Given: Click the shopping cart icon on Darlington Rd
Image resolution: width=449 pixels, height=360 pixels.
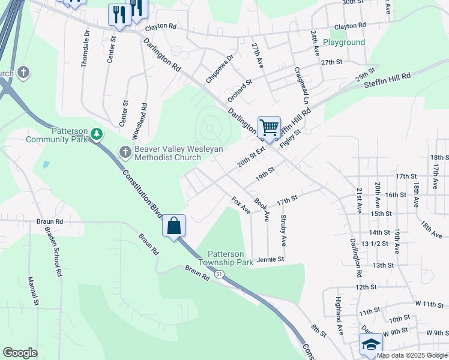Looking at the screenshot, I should pos(269,127).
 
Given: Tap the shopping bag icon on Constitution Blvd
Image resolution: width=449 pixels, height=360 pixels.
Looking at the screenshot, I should pos(173,226).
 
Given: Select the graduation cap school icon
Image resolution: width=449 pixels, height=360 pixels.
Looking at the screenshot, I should pos(371,346).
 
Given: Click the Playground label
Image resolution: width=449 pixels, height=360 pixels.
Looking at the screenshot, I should pos(343,42).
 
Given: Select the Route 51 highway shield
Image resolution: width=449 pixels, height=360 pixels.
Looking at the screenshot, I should pos(220,274).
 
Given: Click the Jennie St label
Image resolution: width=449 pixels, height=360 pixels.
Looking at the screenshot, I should pos(270,260).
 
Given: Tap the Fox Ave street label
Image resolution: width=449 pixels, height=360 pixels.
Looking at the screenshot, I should pos(241,206).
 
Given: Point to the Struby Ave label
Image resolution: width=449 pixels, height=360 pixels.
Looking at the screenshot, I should pos(283,231).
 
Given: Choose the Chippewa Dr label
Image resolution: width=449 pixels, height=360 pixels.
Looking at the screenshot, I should pos(218,70).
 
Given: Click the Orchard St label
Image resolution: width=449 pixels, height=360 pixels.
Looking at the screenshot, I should pos(240,90).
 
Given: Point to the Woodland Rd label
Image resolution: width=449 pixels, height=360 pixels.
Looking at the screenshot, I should pos(144,118).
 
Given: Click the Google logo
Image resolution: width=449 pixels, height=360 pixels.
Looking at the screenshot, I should pos(20,353).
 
